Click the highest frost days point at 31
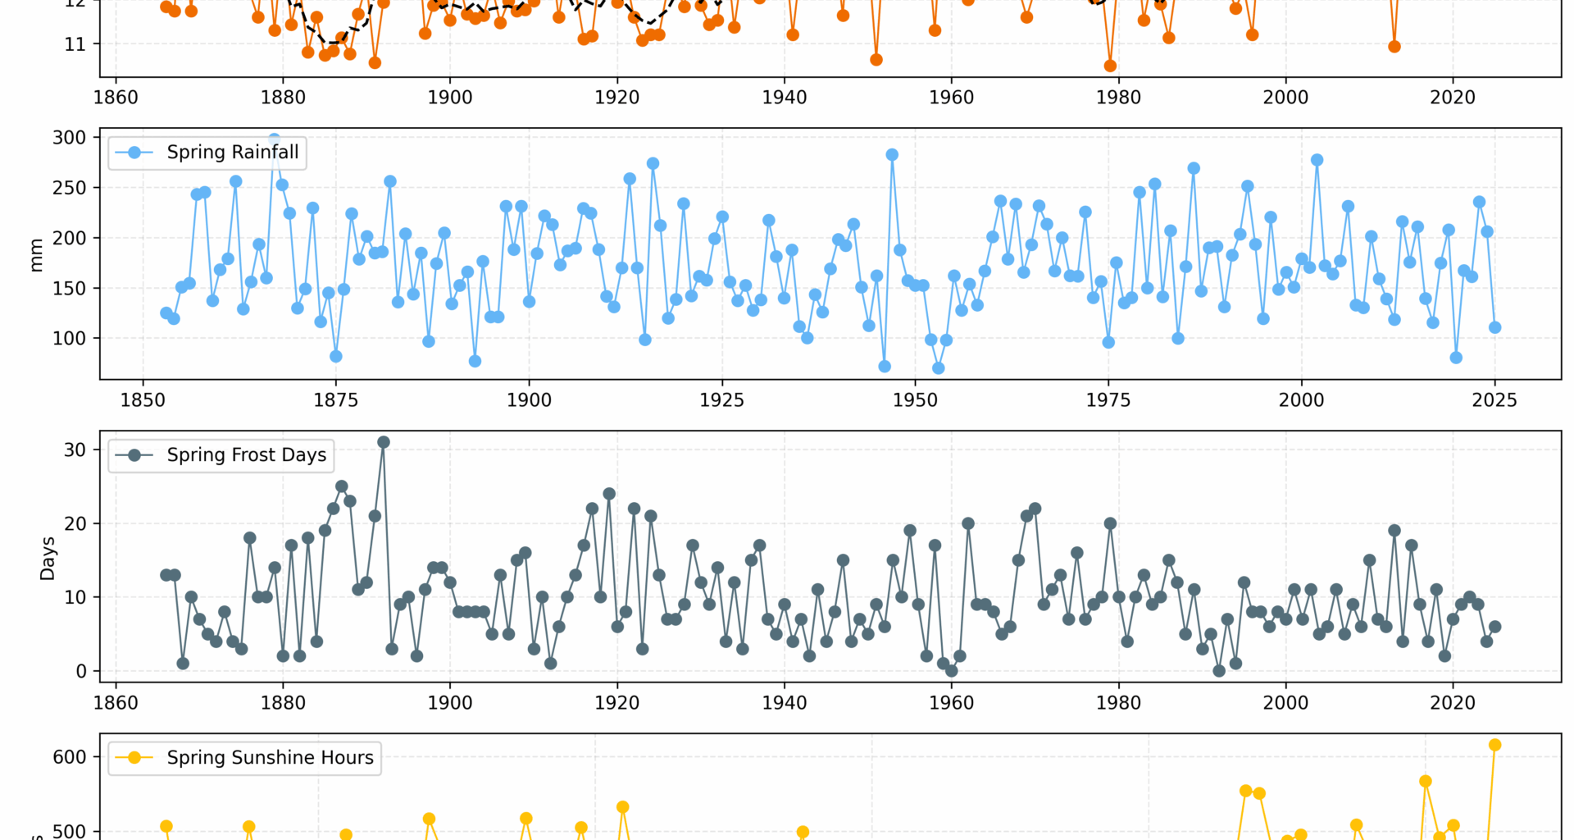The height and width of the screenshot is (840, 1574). [383, 442]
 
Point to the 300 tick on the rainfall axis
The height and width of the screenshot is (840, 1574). [69, 138]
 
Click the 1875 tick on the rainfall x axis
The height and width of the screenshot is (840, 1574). [336, 400]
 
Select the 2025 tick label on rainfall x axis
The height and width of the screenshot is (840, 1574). [1494, 400]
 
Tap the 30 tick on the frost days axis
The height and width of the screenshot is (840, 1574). [75, 450]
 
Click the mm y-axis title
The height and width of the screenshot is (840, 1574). [36, 255]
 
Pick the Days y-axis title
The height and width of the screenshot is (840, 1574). [48, 558]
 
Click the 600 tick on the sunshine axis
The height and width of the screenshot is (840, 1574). [69, 757]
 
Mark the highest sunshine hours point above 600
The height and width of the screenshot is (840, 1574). [1494, 745]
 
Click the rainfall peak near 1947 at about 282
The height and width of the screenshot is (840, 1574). [892, 155]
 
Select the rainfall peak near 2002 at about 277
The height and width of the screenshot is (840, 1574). [1317, 160]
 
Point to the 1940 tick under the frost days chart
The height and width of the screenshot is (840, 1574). [785, 703]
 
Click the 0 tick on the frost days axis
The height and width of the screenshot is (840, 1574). [80, 671]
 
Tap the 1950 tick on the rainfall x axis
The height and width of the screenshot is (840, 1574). [915, 400]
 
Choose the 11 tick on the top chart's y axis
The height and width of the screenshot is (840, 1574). [75, 44]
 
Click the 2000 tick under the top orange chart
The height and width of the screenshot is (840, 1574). [1285, 98]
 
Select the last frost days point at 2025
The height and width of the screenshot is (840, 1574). [1494, 627]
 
